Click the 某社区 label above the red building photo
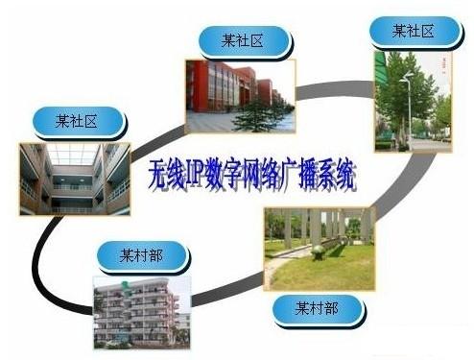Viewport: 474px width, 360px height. (243, 41)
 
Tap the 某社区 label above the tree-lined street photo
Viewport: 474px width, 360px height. (414, 33)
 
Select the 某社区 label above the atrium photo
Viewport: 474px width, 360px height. (78, 121)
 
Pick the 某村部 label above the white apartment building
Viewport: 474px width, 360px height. (142, 256)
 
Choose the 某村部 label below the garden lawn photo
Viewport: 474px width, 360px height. (318, 308)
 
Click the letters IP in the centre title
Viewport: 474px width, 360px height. (198, 176)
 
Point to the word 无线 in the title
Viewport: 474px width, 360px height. (167, 176)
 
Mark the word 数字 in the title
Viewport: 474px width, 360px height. (227, 177)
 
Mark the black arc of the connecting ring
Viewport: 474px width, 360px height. (48, 259)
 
